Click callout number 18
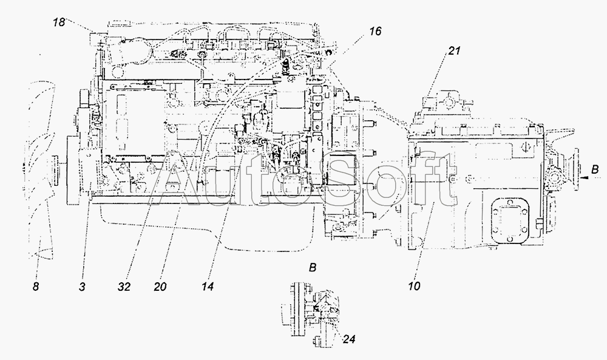click(59, 22)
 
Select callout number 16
click(375, 31)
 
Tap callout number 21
click(454, 51)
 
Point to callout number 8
click(36, 287)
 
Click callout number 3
click(82, 287)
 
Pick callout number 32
click(124, 287)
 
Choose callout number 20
click(160, 287)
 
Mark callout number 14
click(207, 287)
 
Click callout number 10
click(414, 287)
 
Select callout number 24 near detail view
click(349, 339)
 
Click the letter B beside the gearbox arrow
click(595, 169)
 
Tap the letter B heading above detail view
click(313, 268)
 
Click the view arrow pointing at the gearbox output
click(585, 178)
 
